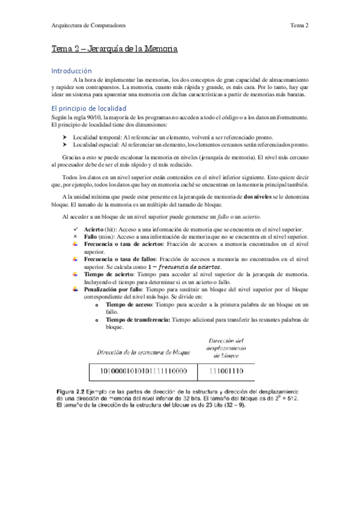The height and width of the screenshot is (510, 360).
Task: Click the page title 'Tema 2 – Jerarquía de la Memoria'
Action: pos(114,49)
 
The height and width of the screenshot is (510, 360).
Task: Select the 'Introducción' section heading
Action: pos(72,70)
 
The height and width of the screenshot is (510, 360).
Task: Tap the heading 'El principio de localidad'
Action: pos(88,108)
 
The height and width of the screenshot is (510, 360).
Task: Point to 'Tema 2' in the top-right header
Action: pos(299,25)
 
